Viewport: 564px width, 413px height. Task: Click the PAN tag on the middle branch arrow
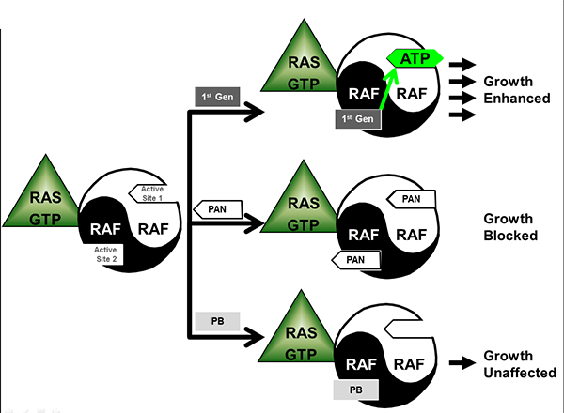coord(216,207)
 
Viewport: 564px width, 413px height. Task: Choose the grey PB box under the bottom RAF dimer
coord(355,387)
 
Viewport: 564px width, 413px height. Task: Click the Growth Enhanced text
coord(515,89)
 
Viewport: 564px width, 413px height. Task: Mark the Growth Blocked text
coord(510,226)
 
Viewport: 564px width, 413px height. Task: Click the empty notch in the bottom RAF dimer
coord(405,329)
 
